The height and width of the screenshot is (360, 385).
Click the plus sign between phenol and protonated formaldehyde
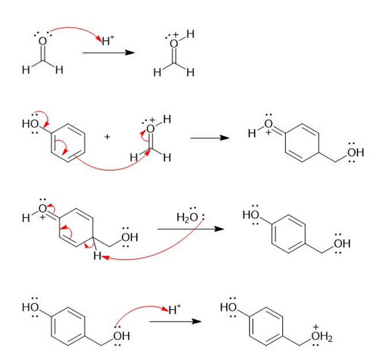point(107,137)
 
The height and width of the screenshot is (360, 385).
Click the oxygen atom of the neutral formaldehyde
point(43,42)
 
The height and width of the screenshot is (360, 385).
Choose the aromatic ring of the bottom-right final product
point(269,326)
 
